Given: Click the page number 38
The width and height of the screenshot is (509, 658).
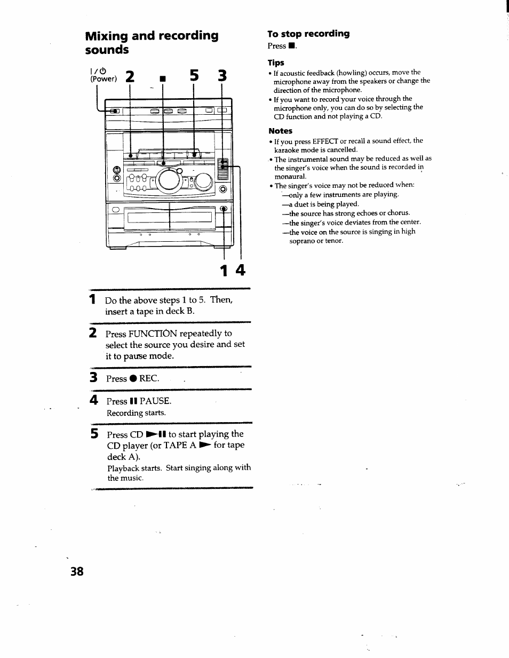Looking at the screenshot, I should [77, 571].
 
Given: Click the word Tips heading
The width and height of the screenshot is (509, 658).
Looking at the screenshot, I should [276, 62].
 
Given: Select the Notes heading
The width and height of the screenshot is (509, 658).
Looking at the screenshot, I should [280, 131].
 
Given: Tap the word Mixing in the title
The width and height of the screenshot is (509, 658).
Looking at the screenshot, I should [107, 36].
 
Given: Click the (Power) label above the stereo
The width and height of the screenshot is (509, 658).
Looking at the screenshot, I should [103, 79].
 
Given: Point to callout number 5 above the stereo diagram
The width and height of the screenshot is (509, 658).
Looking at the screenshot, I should [194, 76].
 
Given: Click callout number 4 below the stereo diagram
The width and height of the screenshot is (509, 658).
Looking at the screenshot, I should [240, 271].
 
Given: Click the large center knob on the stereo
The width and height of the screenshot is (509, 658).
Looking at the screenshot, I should [170, 180].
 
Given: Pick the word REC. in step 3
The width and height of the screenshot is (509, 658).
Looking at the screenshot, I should [149, 378].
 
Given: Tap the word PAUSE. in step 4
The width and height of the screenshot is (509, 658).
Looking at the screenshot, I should [155, 401].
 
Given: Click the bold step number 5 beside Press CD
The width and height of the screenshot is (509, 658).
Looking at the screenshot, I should [94, 434].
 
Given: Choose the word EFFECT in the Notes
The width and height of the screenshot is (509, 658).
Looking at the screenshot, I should [325, 141].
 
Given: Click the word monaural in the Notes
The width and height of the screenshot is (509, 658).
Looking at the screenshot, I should [290, 177].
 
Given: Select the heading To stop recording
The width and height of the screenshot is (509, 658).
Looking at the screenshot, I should [308, 34].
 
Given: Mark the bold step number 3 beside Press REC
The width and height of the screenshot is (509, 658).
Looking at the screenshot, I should [93, 378].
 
